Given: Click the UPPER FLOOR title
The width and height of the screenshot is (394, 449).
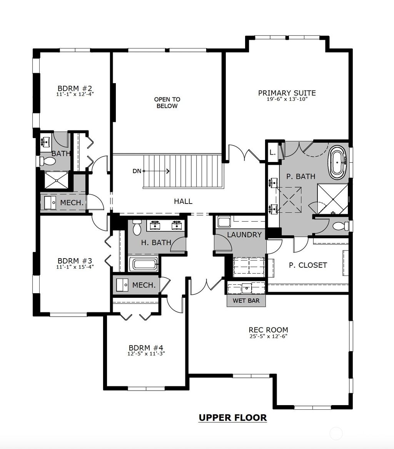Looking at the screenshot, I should click(232, 417).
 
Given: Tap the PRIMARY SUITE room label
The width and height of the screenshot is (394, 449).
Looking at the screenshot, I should click(287, 93).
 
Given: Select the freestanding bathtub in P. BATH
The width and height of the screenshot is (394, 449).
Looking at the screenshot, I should click(337, 162).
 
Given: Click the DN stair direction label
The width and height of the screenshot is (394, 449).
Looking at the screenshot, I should click(137, 171).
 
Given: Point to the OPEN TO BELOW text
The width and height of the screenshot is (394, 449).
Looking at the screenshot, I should click(167, 102).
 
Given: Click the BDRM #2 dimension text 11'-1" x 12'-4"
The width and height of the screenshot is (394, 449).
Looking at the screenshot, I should click(75, 93).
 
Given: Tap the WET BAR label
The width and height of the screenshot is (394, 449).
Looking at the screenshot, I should click(246, 300).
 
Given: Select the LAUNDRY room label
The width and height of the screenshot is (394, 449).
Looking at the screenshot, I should click(244, 235).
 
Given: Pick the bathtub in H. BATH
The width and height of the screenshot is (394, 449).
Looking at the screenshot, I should click(144, 264).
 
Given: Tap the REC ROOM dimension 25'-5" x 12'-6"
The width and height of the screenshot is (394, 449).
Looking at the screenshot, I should click(268, 336).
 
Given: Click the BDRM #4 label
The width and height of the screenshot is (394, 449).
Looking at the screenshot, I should click(146, 347).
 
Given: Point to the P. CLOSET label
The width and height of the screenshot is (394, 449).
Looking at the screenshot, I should click(308, 265).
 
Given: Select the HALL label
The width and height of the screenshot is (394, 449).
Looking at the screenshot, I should click(183, 201).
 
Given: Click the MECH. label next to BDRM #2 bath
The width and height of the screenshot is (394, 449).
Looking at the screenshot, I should click(72, 202).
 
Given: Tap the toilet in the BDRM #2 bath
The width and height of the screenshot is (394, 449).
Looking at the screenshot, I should click(47, 162).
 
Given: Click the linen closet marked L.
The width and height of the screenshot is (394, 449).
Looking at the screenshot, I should click(272, 152).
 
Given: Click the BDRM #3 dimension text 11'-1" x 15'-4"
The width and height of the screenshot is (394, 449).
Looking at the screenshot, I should click(75, 266).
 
